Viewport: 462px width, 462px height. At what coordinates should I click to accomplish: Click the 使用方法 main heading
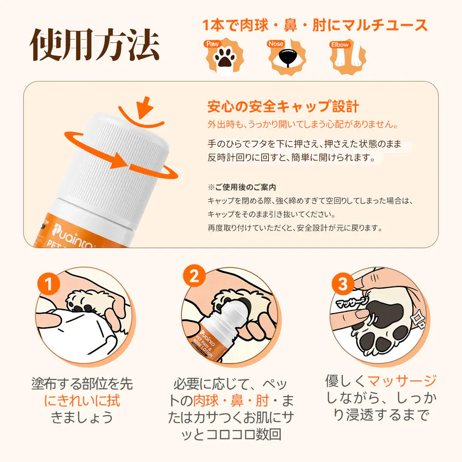[x=95, y=45]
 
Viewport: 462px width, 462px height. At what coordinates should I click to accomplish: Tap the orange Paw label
[x=212, y=44]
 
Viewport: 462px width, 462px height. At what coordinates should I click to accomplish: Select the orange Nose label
[x=276, y=44]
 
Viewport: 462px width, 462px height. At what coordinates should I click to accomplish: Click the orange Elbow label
[x=340, y=45]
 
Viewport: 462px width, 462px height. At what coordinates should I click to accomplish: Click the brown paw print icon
[x=225, y=57]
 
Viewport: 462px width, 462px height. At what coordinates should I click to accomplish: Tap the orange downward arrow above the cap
[x=145, y=107]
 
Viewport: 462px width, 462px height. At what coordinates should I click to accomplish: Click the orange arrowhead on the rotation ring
[x=119, y=161]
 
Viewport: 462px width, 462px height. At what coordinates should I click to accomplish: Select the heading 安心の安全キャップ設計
[x=283, y=106]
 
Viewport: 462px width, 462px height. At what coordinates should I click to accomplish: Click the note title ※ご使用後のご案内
[x=242, y=187]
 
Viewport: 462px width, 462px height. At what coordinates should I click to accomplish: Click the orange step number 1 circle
[x=49, y=284]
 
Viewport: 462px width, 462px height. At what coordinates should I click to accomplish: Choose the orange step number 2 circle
[x=195, y=276]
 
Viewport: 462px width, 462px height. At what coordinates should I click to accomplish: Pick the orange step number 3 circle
[x=343, y=284]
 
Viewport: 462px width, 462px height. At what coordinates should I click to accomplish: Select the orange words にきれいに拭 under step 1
[x=82, y=401]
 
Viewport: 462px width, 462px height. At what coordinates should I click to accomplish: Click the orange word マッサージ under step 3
[x=402, y=381]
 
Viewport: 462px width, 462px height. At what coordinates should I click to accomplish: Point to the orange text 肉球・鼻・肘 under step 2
[x=231, y=400]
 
